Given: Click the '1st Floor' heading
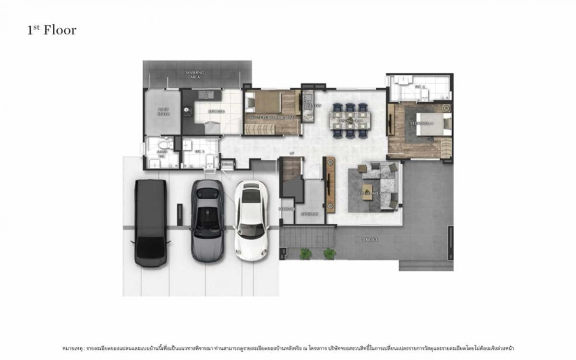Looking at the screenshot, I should coord(52,30).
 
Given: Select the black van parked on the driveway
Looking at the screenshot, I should coord(150,223).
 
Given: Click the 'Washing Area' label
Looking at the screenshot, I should coord(195,74).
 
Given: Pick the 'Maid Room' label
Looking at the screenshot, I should coord(163,111).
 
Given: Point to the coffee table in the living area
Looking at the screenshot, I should coord(367,188).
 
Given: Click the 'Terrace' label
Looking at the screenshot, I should coord(370,239).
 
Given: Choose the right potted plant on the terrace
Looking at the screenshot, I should coord(329,253).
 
